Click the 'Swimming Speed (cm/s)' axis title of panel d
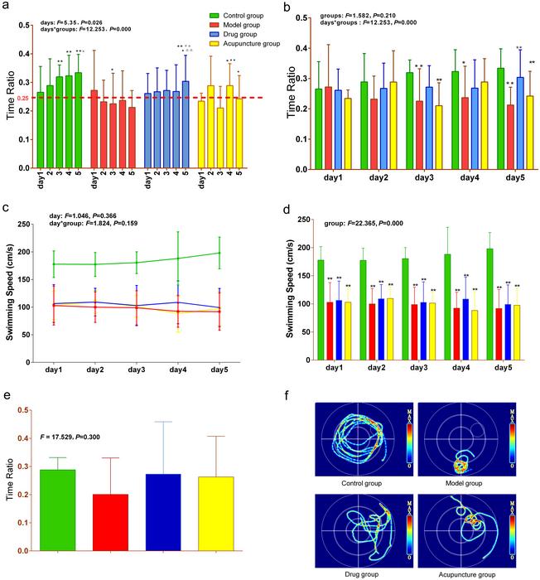pos(284,281)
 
